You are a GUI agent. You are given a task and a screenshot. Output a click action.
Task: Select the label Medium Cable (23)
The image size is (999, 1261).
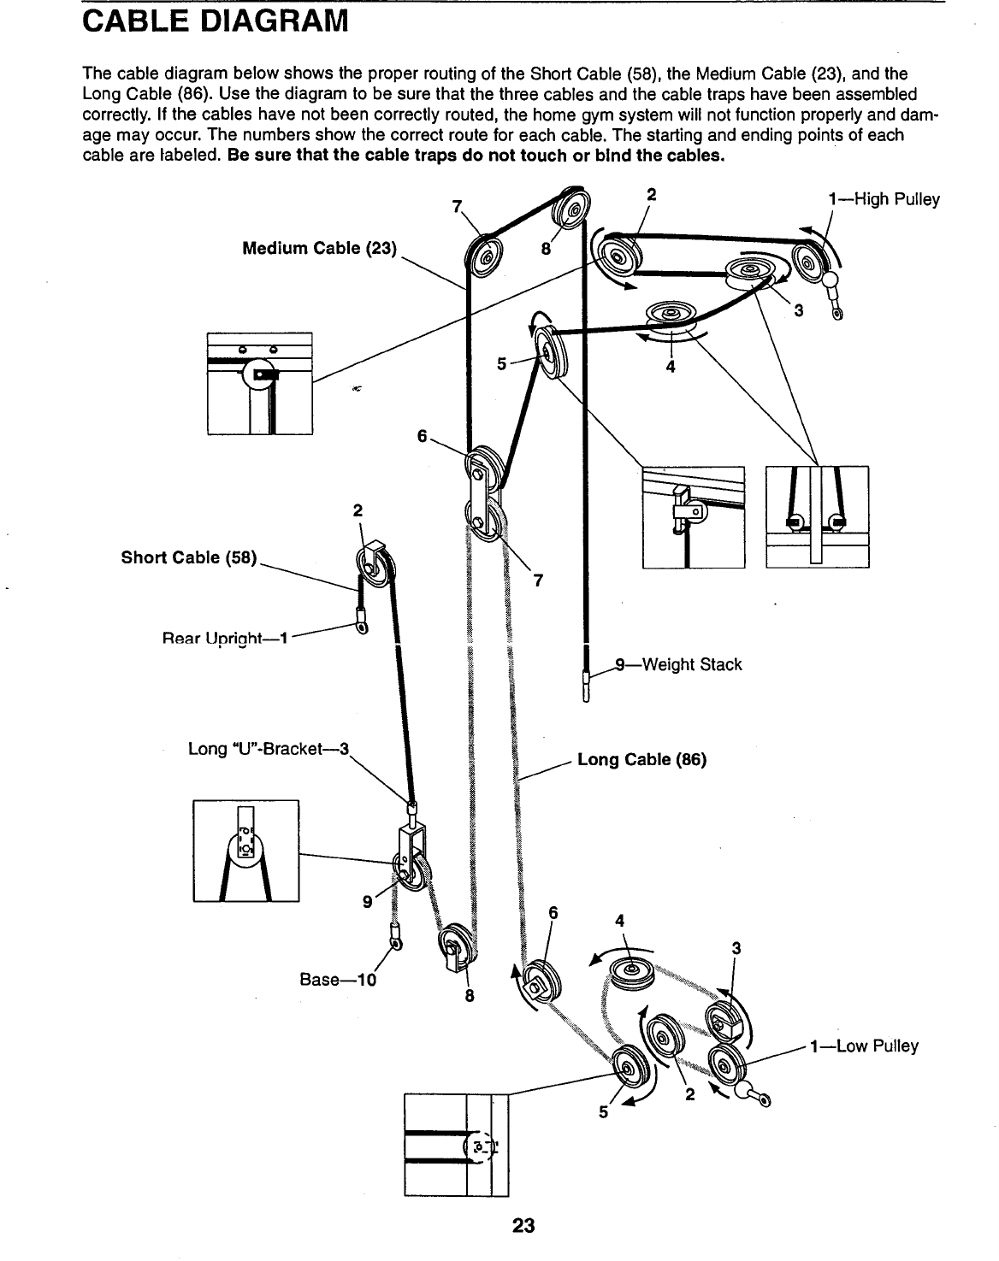coord(319,249)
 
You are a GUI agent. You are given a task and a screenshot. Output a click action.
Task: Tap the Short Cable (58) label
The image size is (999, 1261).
coord(188,557)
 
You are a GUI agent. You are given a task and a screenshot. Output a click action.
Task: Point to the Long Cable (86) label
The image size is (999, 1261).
coord(641,759)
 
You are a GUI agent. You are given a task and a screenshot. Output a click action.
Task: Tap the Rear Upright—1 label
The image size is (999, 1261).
coord(226,637)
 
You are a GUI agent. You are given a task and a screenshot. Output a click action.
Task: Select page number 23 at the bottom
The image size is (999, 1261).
coord(523,1225)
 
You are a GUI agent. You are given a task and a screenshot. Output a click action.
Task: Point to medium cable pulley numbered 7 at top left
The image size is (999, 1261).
coord(484,255)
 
